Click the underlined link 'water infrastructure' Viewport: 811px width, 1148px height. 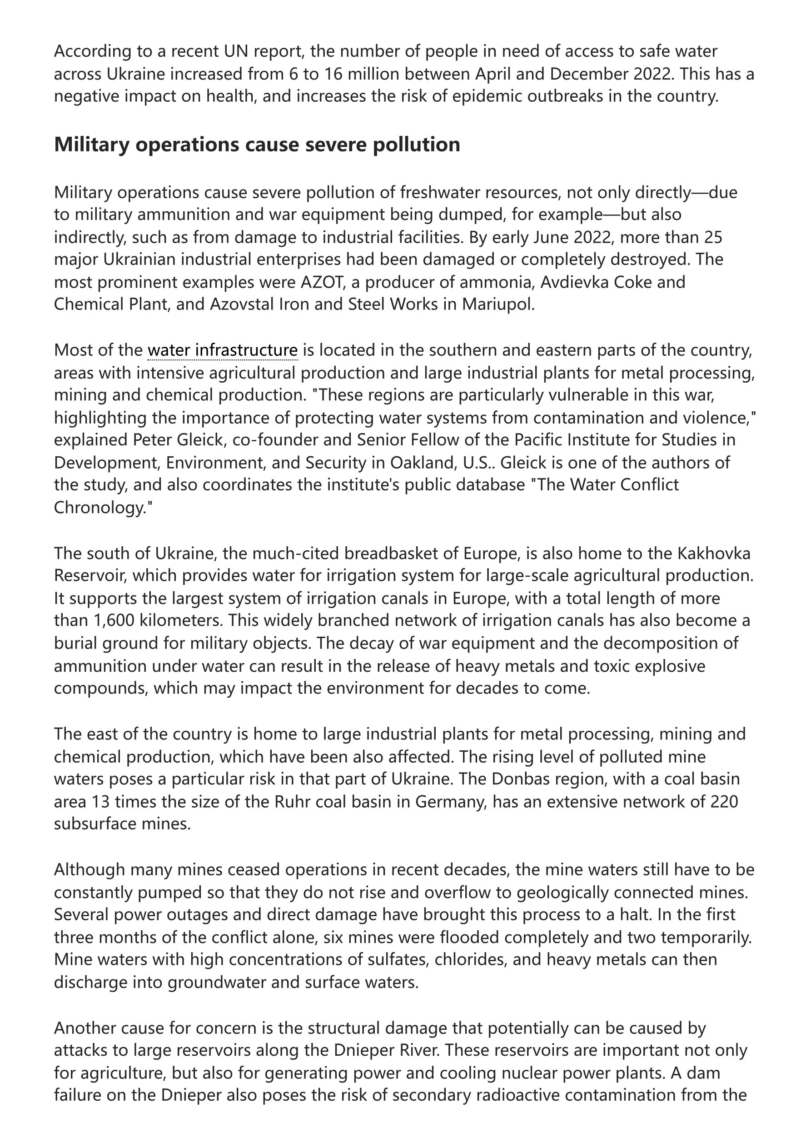(x=223, y=350)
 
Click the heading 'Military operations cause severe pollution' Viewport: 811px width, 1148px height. (x=257, y=145)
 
